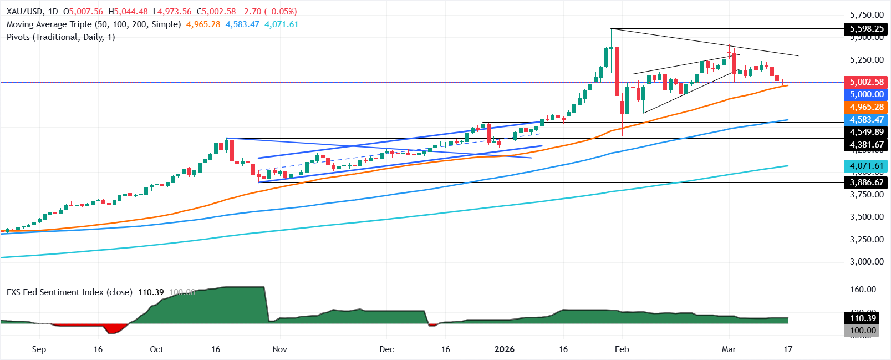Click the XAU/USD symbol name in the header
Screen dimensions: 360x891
[25, 12]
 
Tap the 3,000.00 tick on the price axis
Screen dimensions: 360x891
[867, 262]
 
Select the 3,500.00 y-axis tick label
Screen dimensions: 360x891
[867, 217]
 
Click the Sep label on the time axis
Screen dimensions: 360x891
[39, 349]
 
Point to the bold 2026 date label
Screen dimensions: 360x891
[504, 349]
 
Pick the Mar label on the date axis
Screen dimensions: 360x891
[729, 349]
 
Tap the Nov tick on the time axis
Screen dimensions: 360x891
[280, 349]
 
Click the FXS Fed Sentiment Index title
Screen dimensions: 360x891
[69, 292]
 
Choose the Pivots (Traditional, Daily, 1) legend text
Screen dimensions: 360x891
[61, 37]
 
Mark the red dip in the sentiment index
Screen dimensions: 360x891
[114, 328]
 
